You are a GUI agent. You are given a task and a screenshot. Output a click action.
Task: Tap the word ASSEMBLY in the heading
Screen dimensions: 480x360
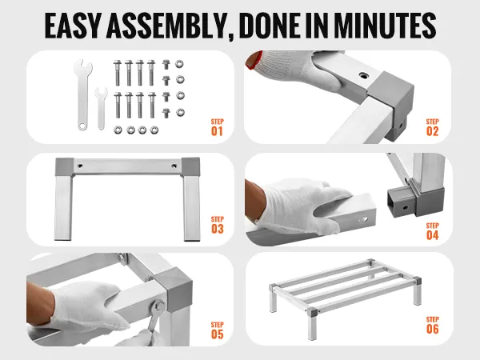167,26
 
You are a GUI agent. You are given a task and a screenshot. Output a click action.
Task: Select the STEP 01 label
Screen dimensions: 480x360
218,127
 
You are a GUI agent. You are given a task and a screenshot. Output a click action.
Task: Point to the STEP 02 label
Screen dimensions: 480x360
432,127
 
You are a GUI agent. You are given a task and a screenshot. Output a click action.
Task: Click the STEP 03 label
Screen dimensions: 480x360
218,225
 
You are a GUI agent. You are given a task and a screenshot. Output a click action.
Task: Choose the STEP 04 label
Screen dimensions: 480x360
432,231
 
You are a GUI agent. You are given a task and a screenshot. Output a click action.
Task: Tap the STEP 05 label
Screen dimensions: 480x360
218,330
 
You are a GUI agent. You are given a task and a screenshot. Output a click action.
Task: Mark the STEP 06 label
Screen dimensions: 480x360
432,326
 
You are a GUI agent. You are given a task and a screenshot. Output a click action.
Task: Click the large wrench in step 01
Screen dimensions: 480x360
82,95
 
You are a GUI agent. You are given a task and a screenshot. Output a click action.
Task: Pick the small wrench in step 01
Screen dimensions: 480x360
101,109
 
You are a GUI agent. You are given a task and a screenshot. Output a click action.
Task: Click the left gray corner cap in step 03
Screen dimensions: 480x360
64,167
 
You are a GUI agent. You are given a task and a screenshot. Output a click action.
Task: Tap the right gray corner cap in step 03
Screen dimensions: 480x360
190,167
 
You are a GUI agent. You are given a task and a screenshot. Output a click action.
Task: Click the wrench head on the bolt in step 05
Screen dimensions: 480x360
159,306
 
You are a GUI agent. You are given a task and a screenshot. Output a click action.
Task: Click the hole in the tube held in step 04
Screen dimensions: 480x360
363,219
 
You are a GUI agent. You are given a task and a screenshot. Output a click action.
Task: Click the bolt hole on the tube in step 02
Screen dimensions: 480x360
363,75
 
